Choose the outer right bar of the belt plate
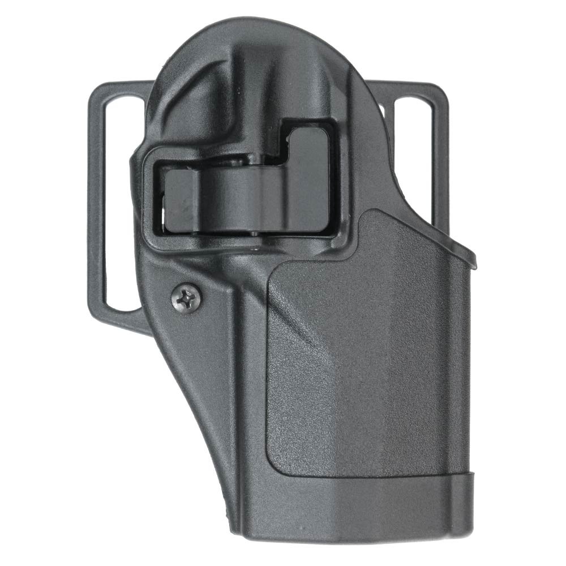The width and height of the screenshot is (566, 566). click(x=441, y=170)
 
